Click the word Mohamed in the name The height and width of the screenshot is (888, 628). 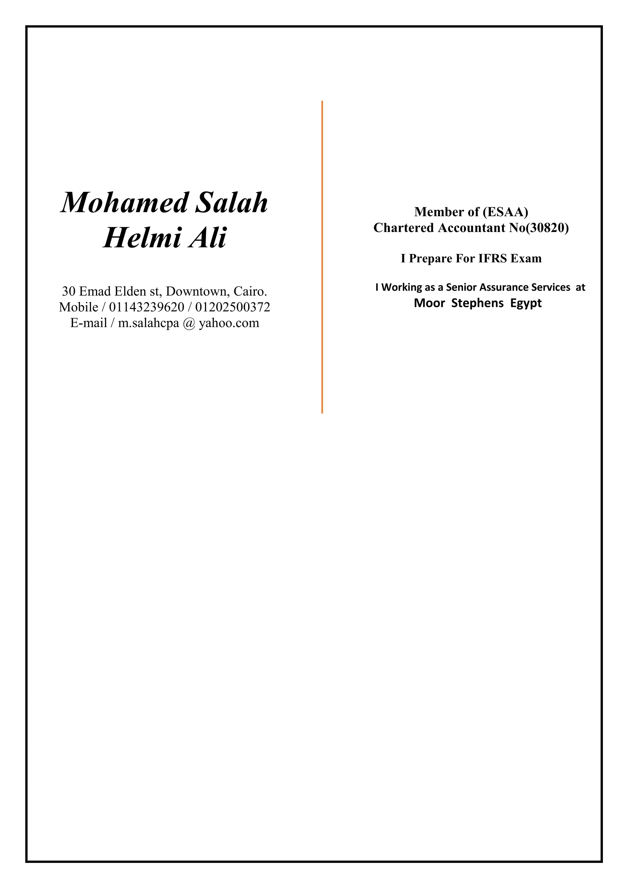pos(124,203)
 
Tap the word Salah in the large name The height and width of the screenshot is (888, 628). pos(231,203)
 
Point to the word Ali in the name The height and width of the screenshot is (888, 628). pos(208,238)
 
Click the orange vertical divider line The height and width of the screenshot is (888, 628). pos(322,257)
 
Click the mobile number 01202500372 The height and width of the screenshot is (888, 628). pos(232,307)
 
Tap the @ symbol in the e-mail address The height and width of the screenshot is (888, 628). pos(189,323)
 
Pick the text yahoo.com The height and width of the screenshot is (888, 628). pos(229,323)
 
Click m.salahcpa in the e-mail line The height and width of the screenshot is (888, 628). pos(149,323)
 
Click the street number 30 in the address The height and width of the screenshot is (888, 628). pos(68,291)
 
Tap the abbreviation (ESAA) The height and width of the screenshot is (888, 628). pos(505,212)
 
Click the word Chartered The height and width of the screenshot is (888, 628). pos(404,228)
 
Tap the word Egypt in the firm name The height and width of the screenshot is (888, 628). pos(526,303)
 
